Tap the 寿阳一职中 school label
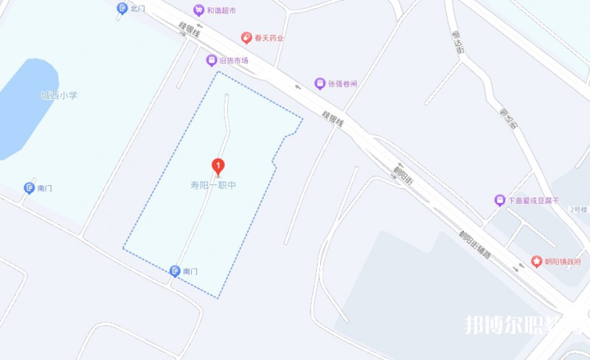coord(213,185)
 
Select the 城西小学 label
coord(59,95)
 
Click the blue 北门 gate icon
coord(122,8)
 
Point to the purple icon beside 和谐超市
coord(198,10)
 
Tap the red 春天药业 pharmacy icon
coord(247,37)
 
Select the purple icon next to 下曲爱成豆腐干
coord(499,200)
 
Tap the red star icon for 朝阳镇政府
coord(536,261)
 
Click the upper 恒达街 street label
coord(457,42)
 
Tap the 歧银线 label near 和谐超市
coord(189,31)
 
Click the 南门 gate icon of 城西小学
coord(29,188)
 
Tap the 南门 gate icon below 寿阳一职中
coord(175,271)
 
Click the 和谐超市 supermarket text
coord(221,10)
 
